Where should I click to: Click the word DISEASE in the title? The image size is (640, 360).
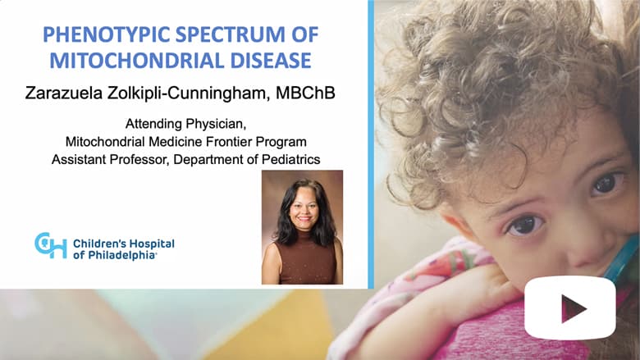pyautogui.click(x=271, y=61)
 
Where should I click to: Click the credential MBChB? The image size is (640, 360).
pyautogui.click(x=305, y=93)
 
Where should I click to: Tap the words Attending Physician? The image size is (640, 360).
pyautogui.click(x=185, y=124)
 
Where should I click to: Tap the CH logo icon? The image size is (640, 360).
pyautogui.click(x=51, y=245)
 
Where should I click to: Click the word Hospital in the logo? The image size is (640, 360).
pyautogui.click(x=150, y=244)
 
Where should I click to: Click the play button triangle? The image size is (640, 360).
pyautogui.click(x=574, y=308)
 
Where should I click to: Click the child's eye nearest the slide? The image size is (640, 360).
pyautogui.click(x=525, y=225)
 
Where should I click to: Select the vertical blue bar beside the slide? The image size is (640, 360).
pyautogui.click(x=371, y=144)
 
